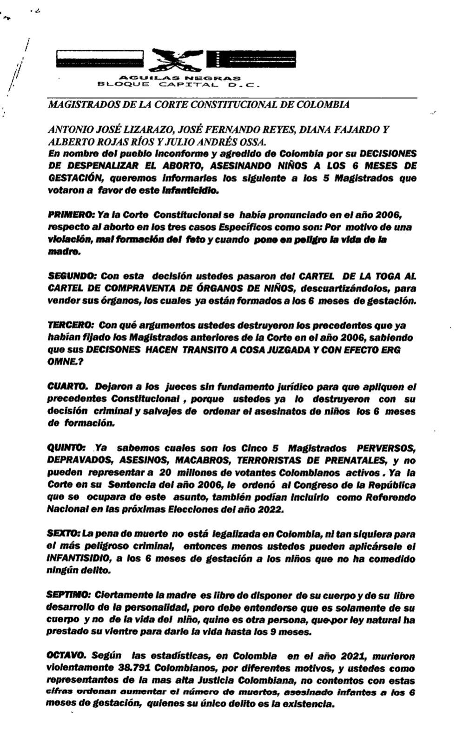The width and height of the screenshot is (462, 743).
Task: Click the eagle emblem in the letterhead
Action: tap(178, 59)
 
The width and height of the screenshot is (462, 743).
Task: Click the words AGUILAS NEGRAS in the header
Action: tap(180, 78)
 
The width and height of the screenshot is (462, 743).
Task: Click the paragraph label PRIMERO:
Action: tap(72, 215)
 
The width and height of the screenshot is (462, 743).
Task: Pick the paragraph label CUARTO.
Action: tap(67, 386)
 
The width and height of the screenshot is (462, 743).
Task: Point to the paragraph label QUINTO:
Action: tap(66, 448)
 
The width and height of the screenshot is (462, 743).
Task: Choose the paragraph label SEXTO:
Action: tap(64, 534)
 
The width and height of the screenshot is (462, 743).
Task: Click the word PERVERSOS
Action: tap(385, 449)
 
